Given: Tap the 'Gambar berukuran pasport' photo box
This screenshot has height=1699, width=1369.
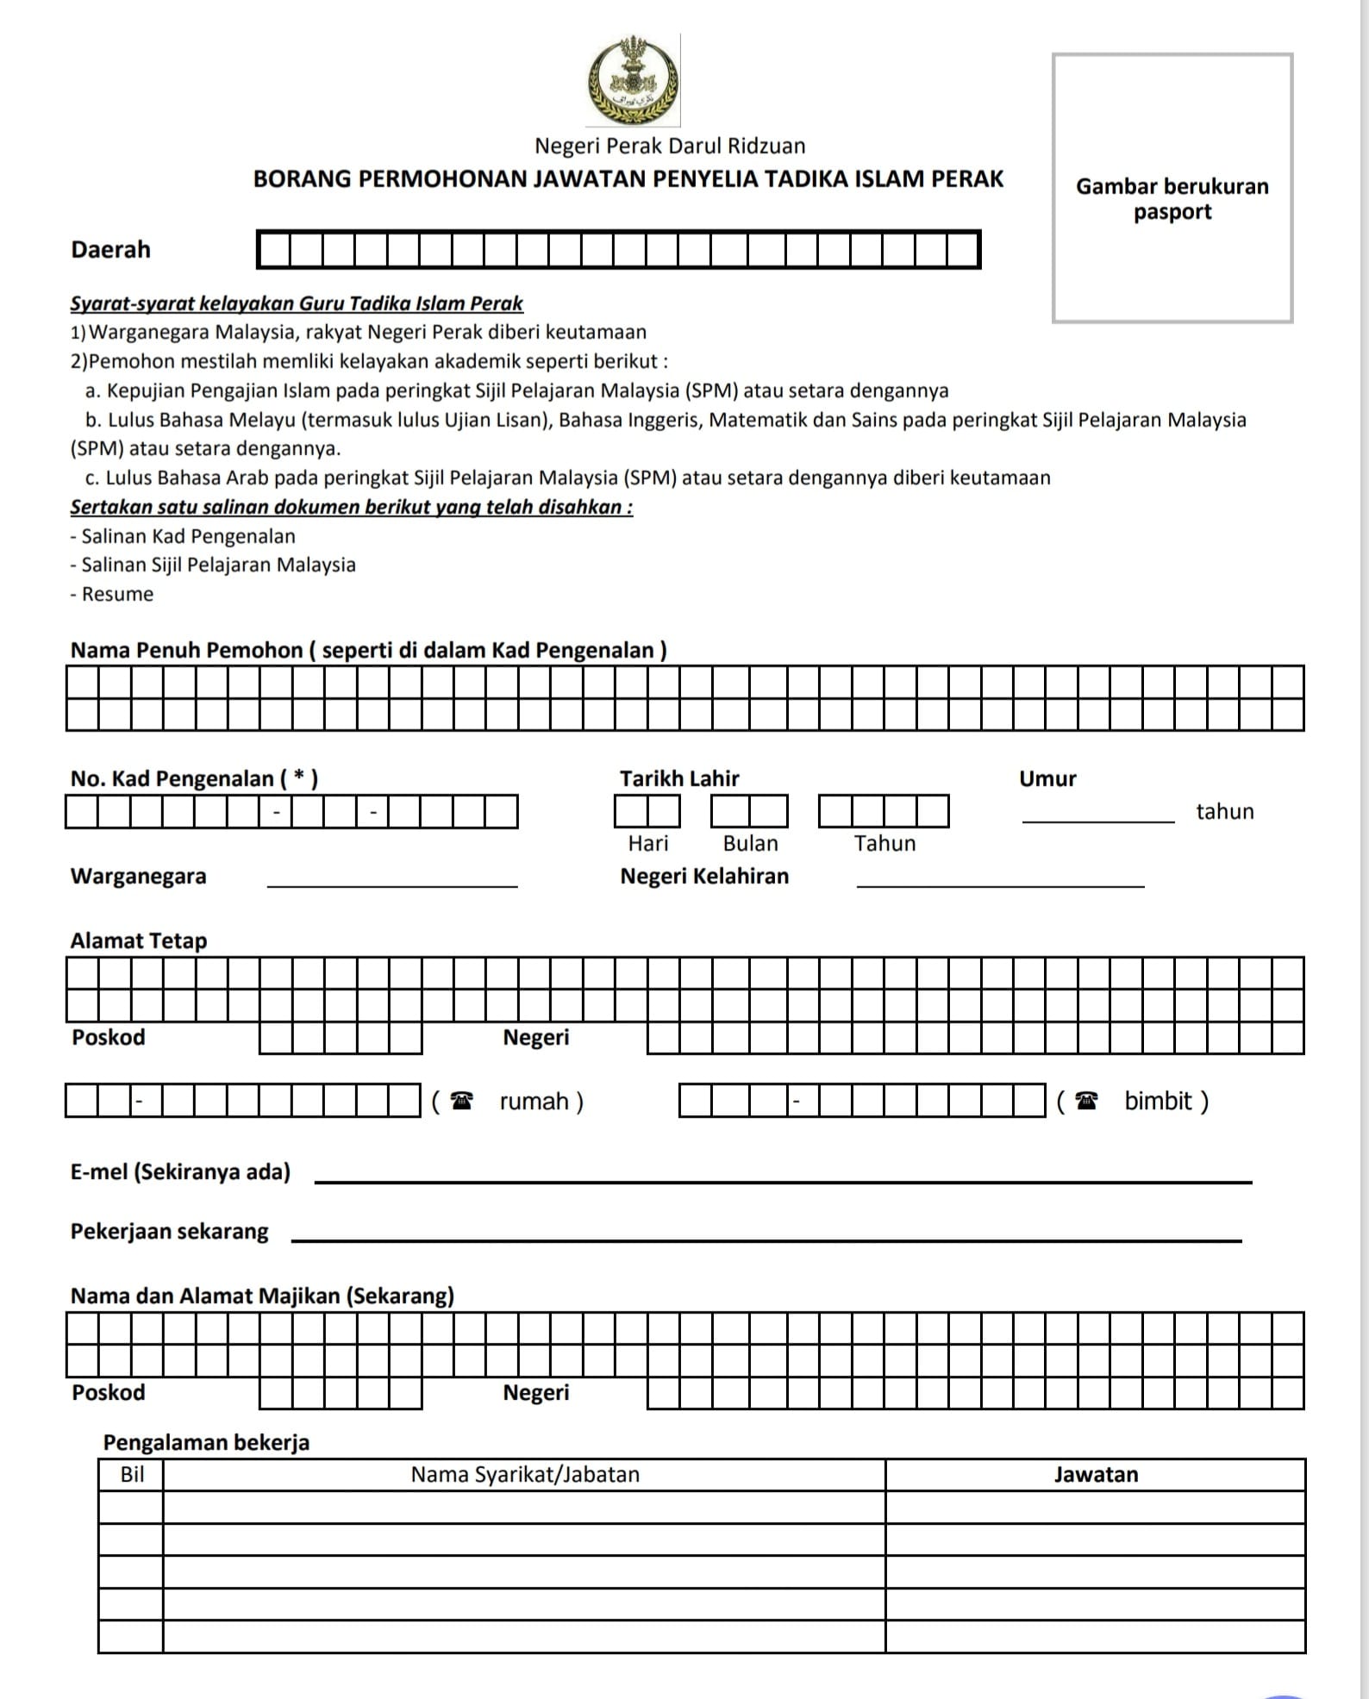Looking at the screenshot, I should pyautogui.click(x=1172, y=188).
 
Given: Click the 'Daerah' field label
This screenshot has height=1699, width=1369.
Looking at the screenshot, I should pyautogui.click(x=110, y=250).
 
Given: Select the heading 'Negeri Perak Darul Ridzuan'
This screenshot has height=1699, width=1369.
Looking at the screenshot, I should pyautogui.click(x=670, y=146).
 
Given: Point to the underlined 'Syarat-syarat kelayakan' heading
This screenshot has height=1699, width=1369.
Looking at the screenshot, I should pyautogui.click(x=297, y=303).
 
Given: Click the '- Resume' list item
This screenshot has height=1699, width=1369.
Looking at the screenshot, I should pyautogui.click(x=112, y=594).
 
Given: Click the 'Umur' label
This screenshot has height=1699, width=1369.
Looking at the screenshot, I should pyautogui.click(x=1047, y=778).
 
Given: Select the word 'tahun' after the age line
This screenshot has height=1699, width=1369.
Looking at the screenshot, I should pyautogui.click(x=1224, y=811).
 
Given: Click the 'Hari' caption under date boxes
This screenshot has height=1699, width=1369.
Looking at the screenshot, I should pyautogui.click(x=647, y=843).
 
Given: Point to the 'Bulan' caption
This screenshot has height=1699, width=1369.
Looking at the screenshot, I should pyautogui.click(x=750, y=843).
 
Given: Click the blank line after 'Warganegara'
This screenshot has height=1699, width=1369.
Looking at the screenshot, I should pyautogui.click(x=392, y=884).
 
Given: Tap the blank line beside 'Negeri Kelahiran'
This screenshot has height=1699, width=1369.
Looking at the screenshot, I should pyautogui.click(x=1000, y=884).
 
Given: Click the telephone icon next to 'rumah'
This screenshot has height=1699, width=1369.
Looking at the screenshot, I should pyautogui.click(x=463, y=1101).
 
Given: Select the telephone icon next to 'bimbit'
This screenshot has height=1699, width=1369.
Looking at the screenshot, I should pyautogui.click(x=1088, y=1101).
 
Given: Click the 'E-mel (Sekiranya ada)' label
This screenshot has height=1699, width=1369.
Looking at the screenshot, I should pyautogui.click(x=180, y=1171).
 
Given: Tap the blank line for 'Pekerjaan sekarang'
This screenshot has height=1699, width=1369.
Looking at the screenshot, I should pyautogui.click(x=766, y=1240).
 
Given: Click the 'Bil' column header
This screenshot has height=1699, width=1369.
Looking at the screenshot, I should pyautogui.click(x=132, y=1474).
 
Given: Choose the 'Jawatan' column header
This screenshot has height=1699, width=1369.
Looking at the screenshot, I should pyautogui.click(x=1095, y=1474).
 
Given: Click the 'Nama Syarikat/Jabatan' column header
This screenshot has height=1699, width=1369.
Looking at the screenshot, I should pyautogui.click(x=525, y=1474).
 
